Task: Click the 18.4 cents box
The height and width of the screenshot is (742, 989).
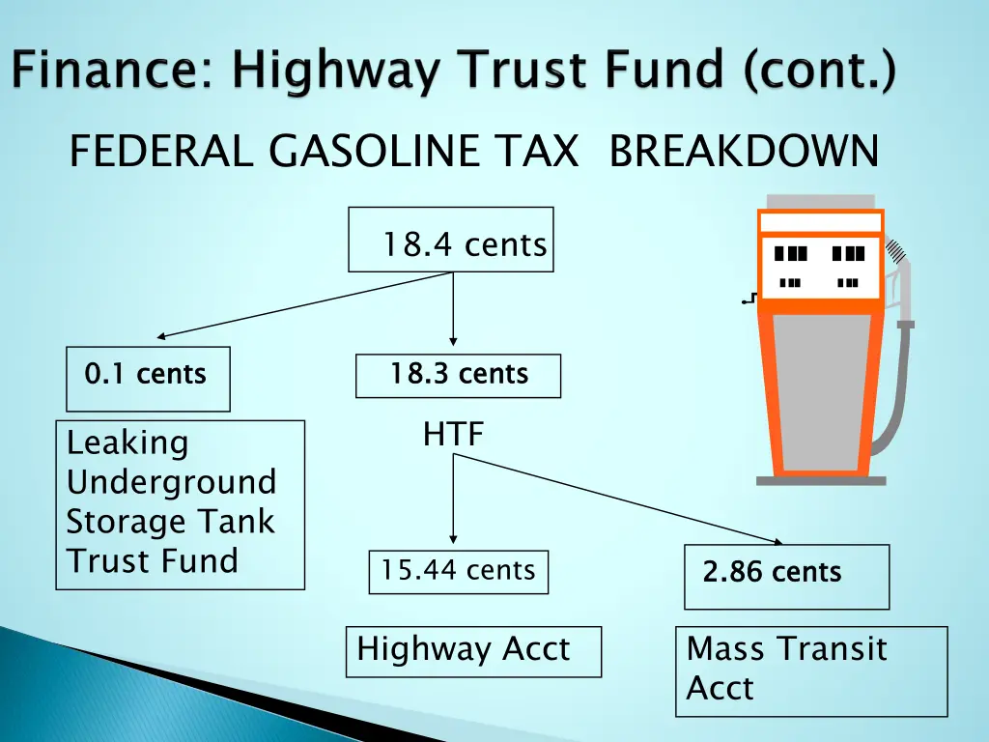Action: [x=451, y=240]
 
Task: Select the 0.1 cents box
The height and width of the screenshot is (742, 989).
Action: [x=148, y=378]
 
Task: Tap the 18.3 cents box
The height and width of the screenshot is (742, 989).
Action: [x=458, y=376]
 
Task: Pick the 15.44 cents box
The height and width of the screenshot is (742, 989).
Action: [x=458, y=572]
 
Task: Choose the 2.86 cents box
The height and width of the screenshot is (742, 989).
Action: [x=785, y=577]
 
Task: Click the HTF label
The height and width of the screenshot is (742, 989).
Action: [x=453, y=436]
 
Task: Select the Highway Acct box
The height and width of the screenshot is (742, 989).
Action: [x=473, y=651]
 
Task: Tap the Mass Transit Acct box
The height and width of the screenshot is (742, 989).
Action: [x=810, y=671]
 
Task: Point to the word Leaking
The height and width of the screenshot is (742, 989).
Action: [x=127, y=443]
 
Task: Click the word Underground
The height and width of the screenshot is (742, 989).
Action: [x=171, y=482]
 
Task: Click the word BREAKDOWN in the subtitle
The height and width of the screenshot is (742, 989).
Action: [x=744, y=152]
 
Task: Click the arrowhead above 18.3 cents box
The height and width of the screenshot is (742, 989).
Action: [x=453, y=342]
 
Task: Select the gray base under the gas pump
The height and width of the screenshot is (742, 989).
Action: [x=821, y=479]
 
